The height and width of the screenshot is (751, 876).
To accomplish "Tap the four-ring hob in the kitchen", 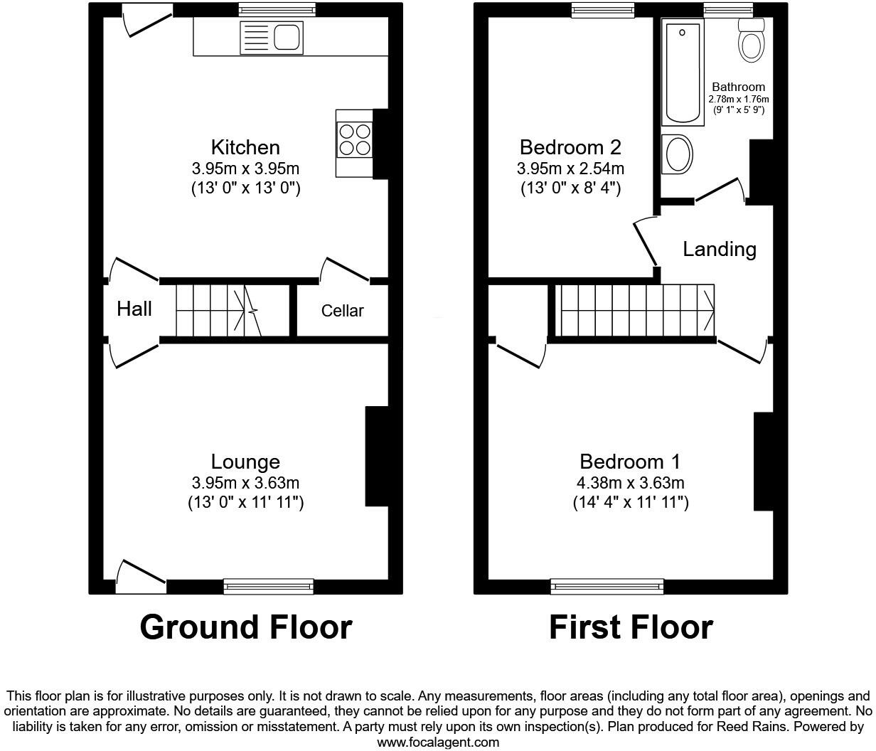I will (x=355, y=139).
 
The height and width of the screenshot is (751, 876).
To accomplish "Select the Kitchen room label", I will (x=245, y=147).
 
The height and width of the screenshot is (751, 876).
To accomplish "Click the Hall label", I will (x=134, y=309).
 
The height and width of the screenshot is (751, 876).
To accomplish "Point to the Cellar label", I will (x=342, y=311).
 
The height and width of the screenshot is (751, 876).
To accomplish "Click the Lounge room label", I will (x=245, y=462).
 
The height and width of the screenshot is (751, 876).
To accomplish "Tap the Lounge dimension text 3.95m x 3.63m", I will (x=245, y=483).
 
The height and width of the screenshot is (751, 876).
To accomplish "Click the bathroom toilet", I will (x=751, y=41).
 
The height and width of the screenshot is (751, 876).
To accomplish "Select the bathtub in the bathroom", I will (x=682, y=71).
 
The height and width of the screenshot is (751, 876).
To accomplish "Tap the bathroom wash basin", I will (x=676, y=154).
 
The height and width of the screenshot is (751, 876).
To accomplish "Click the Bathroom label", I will (x=738, y=87).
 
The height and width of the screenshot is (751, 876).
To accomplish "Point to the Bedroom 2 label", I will (x=570, y=147).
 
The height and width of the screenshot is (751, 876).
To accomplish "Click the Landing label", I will (x=719, y=249).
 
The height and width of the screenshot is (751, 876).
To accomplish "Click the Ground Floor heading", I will (x=245, y=627).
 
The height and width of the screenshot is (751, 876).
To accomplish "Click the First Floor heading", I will (x=631, y=627).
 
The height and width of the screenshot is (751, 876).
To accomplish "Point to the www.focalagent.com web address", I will (x=437, y=742).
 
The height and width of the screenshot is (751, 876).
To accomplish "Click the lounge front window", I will (x=268, y=587).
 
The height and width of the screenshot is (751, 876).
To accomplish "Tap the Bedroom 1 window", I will (x=607, y=587).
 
